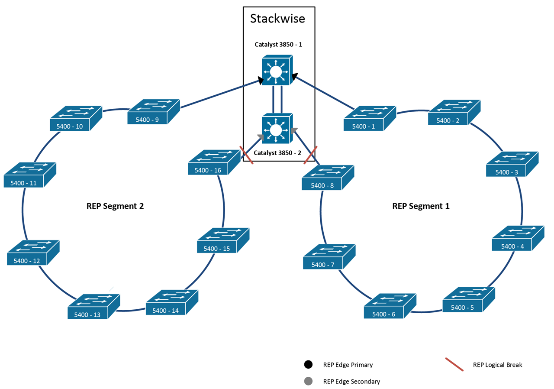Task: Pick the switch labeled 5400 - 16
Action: tap(214, 163)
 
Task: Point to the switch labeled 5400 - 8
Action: tap(328, 178)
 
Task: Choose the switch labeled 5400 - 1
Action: tap(370, 119)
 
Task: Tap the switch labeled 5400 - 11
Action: tap(30, 175)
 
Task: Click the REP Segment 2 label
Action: tap(115, 206)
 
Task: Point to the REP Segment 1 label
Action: tap(421, 206)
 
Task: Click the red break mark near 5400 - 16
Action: tap(247, 156)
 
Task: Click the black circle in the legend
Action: tap(308, 364)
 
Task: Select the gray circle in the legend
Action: tap(308, 381)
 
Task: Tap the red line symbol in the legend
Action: tap(454, 365)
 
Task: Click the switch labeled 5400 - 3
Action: tap(512, 164)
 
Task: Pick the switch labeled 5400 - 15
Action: tap(223, 241)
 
